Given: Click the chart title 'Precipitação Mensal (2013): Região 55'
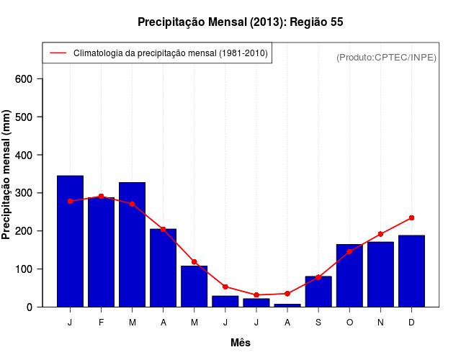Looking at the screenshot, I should [240, 22].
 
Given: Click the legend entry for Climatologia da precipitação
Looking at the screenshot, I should [170, 53].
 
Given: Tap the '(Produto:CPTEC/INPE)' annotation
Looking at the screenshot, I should [386, 57].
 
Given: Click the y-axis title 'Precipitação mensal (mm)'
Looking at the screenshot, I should [7, 175].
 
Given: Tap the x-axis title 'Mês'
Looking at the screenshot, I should [241, 343].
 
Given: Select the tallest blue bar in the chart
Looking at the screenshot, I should [70, 241].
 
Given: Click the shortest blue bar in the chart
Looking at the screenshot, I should [287, 305].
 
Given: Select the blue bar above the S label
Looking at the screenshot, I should [318, 292].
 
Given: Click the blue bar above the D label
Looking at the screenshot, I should [411, 271].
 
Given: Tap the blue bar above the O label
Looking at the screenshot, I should [349, 276].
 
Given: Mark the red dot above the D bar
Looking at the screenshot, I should [411, 217].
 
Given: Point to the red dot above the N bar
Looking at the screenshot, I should [380, 234].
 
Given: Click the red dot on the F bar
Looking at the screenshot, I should [101, 196].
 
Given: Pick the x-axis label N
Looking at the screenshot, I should [380, 323].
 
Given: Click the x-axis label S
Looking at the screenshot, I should [318, 323].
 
